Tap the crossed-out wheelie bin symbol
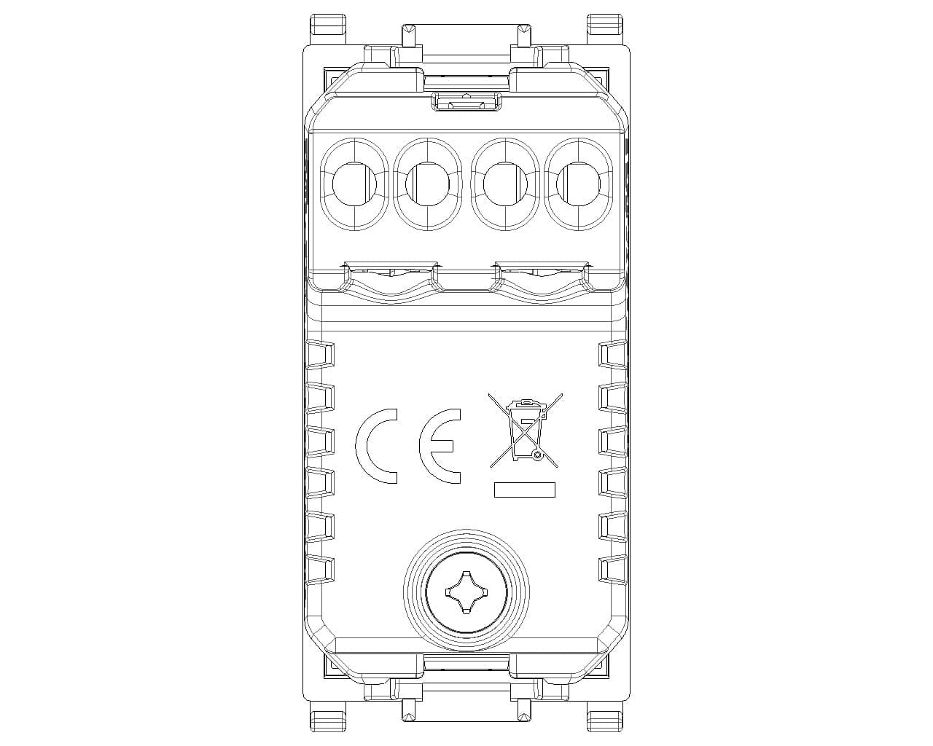point(525,431)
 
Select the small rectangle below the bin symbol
point(525,490)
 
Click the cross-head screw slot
point(466,592)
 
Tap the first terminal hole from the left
point(354,184)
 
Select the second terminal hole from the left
point(428,184)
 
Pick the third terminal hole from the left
point(505,184)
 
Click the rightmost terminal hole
point(578,184)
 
